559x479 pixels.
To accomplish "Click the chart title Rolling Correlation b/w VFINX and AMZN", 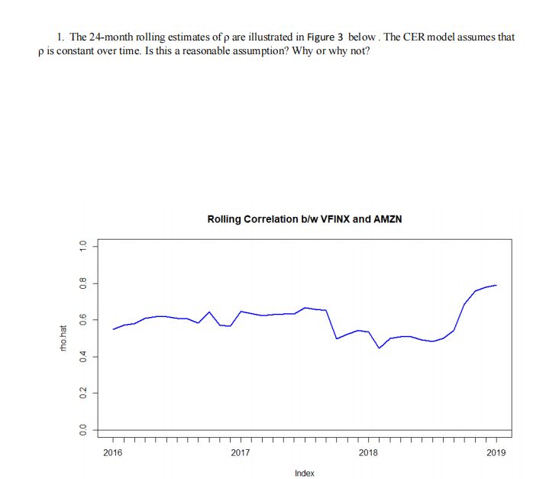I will [304, 219].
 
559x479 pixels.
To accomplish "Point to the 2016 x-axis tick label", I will [112, 453].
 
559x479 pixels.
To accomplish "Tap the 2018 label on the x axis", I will [367, 453].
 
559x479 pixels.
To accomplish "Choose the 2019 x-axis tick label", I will [496, 453].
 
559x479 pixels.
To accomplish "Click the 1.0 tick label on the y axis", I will [74, 246].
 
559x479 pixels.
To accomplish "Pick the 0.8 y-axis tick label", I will [74, 283].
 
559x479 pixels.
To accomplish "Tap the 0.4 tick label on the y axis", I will [74, 357].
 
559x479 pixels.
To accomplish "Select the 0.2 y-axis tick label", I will [74, 393].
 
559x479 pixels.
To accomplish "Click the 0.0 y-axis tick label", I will [74, 430].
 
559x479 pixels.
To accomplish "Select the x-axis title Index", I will [304, 474].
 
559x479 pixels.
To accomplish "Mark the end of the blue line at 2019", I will [496, 285].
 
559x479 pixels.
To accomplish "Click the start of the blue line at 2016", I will [113, 329].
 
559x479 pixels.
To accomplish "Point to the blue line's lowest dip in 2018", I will [380, 348].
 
